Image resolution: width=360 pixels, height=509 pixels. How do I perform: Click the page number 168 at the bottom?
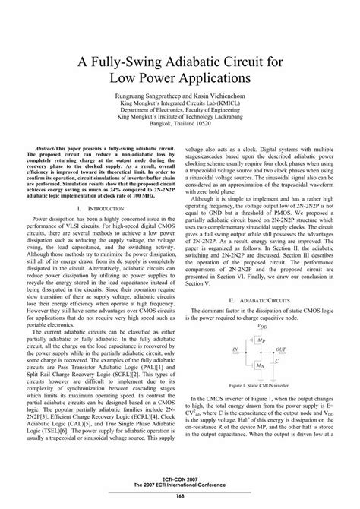(x=180, y=496)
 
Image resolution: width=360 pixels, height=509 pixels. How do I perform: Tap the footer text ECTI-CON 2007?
(x=180, y=480)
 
